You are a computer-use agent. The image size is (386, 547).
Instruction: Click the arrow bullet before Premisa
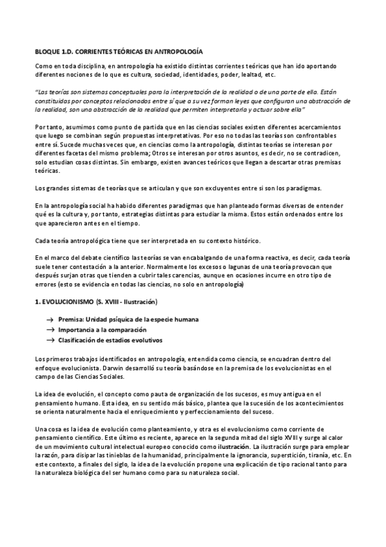click(x=50, y=320)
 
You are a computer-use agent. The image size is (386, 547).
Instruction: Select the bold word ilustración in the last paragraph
click(x=235, y=446)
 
